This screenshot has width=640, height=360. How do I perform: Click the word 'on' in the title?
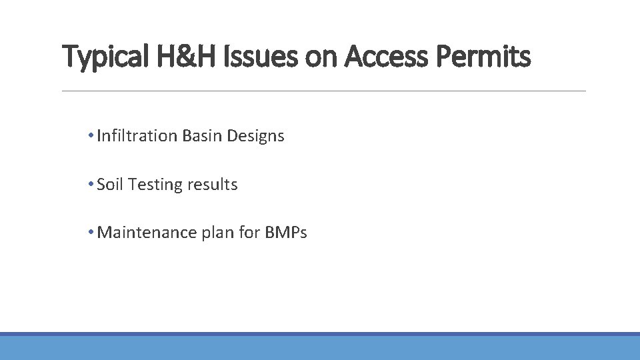322,57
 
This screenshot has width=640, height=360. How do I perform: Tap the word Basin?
202,136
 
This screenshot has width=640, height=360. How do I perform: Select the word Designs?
255,136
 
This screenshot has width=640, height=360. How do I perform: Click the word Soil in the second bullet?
110,185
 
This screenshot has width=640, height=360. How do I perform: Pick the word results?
212,185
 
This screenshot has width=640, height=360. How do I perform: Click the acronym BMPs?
286,233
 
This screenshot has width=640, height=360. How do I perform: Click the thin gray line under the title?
323,91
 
